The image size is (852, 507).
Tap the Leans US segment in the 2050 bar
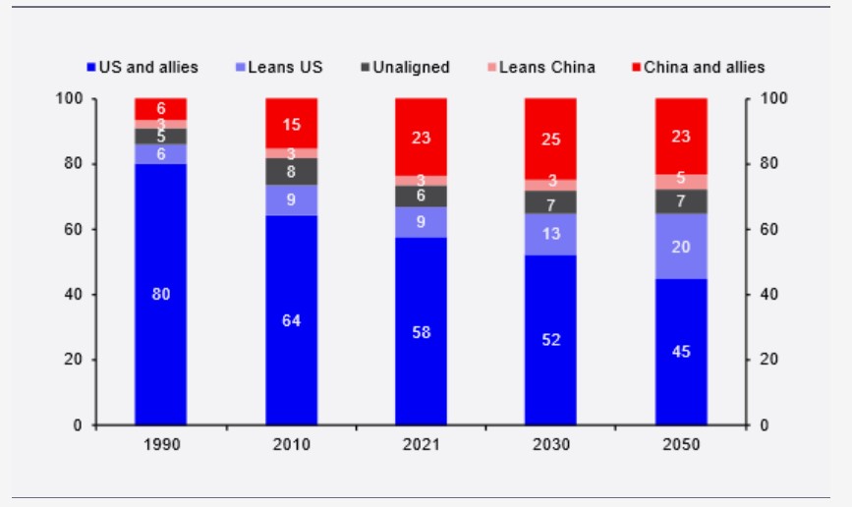681,246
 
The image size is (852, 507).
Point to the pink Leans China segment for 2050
681,181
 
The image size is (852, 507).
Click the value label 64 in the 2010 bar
292,319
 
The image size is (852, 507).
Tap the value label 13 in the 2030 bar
551,234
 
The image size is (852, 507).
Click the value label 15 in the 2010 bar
292,124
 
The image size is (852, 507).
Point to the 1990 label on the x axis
161,445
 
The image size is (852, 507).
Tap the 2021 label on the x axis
422,445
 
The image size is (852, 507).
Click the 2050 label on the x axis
681,445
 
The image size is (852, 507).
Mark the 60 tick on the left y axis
76,229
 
